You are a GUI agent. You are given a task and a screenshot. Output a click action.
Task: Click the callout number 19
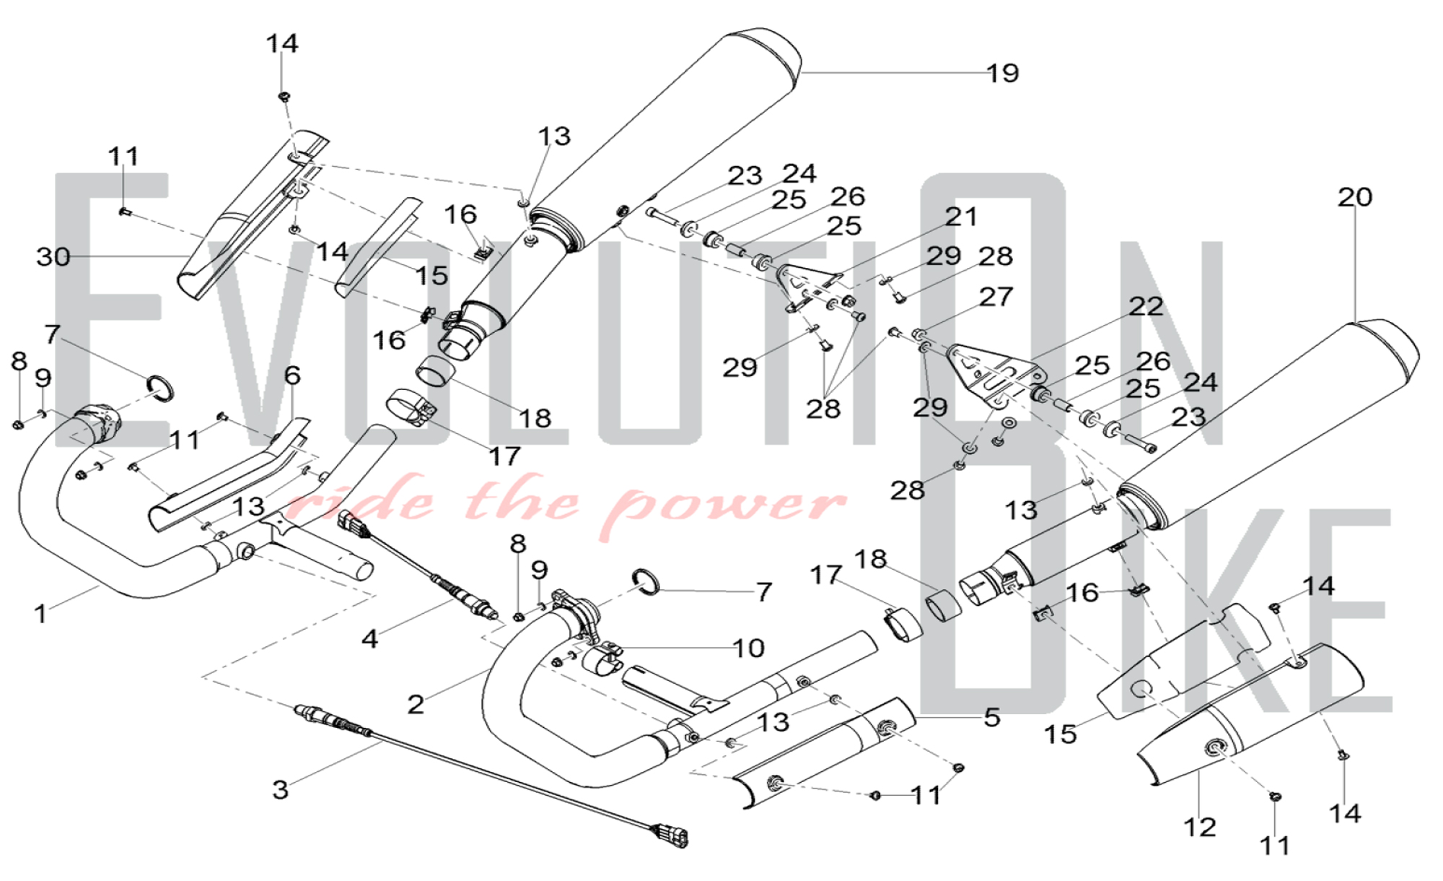pyautogui.click(x=1002, y=73)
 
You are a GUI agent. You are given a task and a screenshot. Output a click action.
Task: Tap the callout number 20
pyautogui.click(x=1354, y=197)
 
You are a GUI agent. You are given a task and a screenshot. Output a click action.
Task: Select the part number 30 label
pyautogui.click(x=53, y=256)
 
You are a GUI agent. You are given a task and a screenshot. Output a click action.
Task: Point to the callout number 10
pyautogui.click(x=748, y=648)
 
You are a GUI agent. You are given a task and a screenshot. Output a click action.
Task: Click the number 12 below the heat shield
pyautogui.click(x=1199, y=826)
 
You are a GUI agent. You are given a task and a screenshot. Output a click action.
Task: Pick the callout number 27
pyautogui.click(x=996, y=297)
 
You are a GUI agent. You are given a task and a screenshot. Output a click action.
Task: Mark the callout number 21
pyautogui.click(x=961, y=217)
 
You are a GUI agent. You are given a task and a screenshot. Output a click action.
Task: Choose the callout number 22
pyautogui.click(x=1146, y=306)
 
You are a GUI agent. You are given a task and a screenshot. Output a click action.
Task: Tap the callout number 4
pyautogui.click(x=369, y=638)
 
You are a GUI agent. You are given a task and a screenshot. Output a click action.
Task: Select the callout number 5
pyautogui.click(x=992, y=717)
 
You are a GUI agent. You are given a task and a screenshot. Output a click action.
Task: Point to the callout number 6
pyautogui.click(x=292, y=376)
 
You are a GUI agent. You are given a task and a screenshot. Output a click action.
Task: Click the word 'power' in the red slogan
pyautogui.click(x=729, y=505)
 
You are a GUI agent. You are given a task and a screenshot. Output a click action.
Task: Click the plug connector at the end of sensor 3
pyautogui.click(x=670, y=836)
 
